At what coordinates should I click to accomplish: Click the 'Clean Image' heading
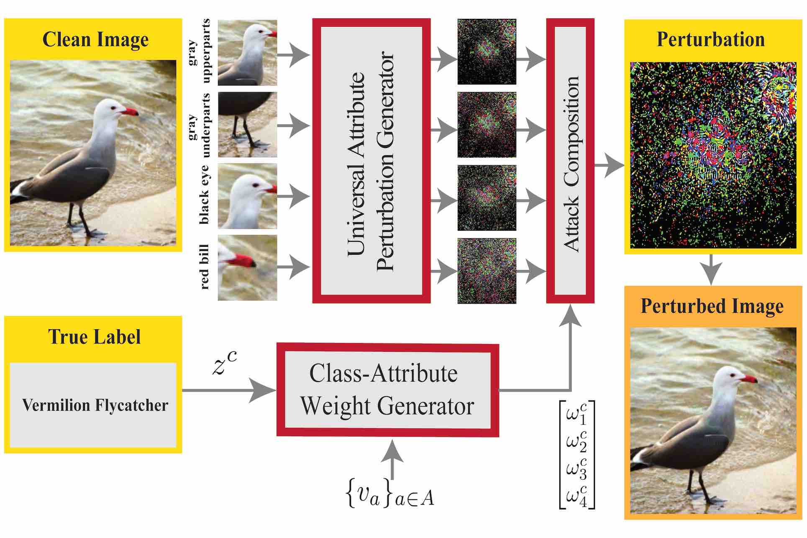pos(95,40)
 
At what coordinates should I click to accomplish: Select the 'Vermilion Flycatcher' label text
pos(95,405)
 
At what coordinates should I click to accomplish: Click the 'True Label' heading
pos(95,337)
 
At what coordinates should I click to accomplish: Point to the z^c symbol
pos(225,363)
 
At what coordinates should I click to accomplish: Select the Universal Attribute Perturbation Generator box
pos(371,161)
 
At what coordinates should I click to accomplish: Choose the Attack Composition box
pos(570,161)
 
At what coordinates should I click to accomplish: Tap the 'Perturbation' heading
pos(711,40)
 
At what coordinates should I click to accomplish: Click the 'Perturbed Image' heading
pos(712,306)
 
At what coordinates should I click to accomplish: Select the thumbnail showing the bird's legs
pos(247,124)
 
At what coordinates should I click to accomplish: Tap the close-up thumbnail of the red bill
pos(247,267)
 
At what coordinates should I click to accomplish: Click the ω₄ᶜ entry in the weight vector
pos(576,496)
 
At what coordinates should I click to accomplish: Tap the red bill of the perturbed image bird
pos(749,379)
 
